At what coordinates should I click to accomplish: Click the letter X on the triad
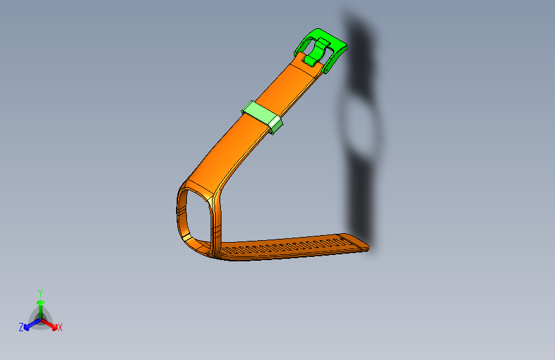point(60,327)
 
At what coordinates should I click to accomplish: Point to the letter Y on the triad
point(40,292)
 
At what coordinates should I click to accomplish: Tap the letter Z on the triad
point(21,327)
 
